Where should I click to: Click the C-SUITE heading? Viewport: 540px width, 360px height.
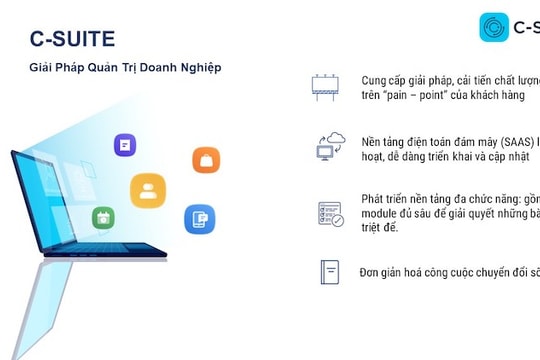click(72, 39)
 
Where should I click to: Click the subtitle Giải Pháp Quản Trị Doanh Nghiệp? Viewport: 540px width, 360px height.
click(125, 67)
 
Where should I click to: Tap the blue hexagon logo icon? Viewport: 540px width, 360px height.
click(494, 27)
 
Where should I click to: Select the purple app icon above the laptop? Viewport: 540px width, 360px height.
click(125, 145)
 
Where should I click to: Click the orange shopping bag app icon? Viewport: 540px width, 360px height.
click(206, 160)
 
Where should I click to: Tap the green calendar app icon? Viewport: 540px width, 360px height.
click(103, 217)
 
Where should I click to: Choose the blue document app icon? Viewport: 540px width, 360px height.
click(199, 218)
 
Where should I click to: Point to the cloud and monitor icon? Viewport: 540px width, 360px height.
click(329, 147)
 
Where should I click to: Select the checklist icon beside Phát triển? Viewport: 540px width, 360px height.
click(329, 213)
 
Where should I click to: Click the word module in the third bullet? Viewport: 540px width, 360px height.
click(380, 213)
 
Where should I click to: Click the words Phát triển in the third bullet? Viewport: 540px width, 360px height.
click(386, 198)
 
